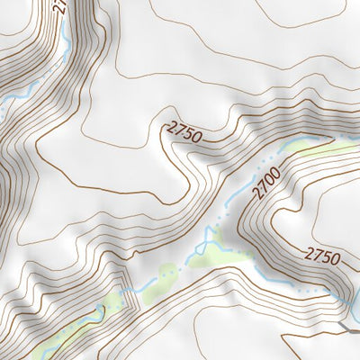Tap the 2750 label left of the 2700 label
coord(184,133)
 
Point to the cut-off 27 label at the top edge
coord(60,5)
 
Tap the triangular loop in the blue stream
coord(210,238)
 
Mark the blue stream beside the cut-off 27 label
coord(67,36)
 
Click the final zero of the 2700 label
coord(276,162)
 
